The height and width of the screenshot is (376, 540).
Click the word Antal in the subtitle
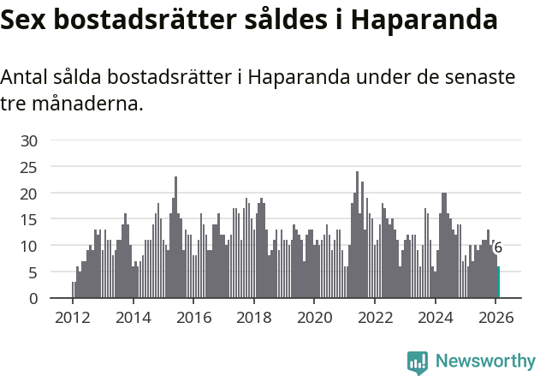[x=25, y=78]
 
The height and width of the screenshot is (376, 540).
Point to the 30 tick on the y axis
[x=29, y=141]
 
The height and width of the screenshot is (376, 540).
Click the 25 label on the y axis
[x=29, y=168]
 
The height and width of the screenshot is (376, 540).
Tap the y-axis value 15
[x=29, y=220]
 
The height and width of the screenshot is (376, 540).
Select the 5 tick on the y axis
[x=33, y=272]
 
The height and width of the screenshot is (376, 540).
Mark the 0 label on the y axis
[x=33, y=299]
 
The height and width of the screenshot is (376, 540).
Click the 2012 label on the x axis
[x=72, y=318]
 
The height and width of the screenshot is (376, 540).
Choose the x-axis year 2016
[x=193, y=318]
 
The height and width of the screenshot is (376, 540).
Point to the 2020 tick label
[x=313, y=318]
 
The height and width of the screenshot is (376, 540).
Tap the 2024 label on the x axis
[x=435, y=318]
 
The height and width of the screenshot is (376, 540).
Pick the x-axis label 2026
[x=495, y=318]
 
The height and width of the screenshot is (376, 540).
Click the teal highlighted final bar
[x=498, y=283]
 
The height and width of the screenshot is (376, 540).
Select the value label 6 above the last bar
[x=498, y=248]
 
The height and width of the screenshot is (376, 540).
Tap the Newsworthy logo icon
[x=417, y=361]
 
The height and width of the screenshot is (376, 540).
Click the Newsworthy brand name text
[x=485, y=361]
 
